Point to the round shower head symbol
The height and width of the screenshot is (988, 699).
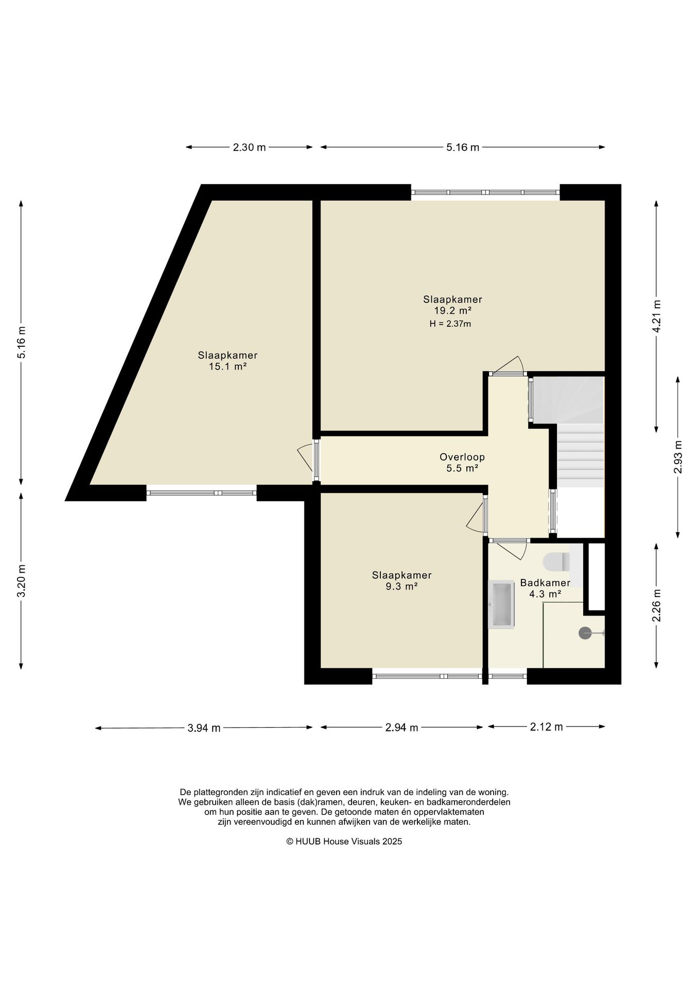pos(585,633)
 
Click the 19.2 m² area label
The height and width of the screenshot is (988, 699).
pos(453,310)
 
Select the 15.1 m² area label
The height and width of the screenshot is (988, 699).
pos(228,366)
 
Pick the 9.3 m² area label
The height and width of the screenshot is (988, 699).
pos(401,586)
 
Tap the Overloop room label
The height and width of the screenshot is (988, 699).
pos(462,457)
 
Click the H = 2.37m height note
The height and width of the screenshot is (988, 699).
pos(450,324)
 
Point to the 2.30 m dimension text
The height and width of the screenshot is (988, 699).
pos(249,148)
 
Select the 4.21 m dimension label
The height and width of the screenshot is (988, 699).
pos(657,316)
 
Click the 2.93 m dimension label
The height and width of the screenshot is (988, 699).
pos(678,457)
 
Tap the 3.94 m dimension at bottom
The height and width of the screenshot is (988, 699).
pos(204,728)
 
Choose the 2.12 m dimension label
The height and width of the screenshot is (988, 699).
pos(547,727)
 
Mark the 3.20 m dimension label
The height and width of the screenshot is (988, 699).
pos(22,581)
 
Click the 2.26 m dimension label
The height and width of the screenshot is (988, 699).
pos(657,605)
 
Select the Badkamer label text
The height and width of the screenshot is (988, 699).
pos(545,583)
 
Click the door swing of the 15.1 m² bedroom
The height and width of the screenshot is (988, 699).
pos(305,457)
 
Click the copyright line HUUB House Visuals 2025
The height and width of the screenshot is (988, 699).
pos(344,842)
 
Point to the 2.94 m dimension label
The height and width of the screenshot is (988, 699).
pos(402,728)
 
